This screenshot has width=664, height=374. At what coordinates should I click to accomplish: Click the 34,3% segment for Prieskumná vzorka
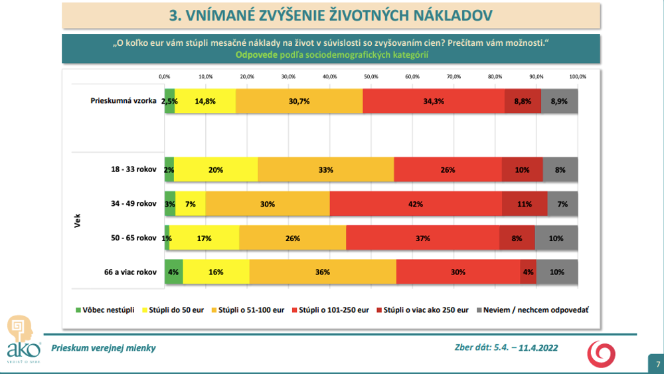[x=434, y=101]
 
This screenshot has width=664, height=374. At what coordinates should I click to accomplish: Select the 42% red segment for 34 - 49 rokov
[x=416, y=204]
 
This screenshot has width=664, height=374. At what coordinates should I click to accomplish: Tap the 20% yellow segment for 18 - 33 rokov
[x=216, y=170]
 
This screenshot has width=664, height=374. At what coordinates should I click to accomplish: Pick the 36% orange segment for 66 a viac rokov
[x=323, y=272]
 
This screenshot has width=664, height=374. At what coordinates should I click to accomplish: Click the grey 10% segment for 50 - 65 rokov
[x=556, y=238]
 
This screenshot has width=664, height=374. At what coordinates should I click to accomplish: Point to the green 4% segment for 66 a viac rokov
[x=173, y=272]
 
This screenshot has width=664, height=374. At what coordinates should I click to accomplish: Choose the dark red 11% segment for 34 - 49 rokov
[x=525, y=204]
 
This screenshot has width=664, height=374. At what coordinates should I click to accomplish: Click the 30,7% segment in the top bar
[x=299, y=101]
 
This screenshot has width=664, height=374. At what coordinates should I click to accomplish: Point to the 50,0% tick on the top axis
[x=371, y=76]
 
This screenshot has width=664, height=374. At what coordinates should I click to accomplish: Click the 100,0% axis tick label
[x=577, y=76]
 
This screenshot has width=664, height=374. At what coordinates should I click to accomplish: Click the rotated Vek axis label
[x=78, y=221]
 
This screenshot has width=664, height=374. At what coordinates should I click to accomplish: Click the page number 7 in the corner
[x=657, y=363]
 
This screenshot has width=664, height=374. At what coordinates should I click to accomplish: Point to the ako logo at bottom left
[x=20, y=339]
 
